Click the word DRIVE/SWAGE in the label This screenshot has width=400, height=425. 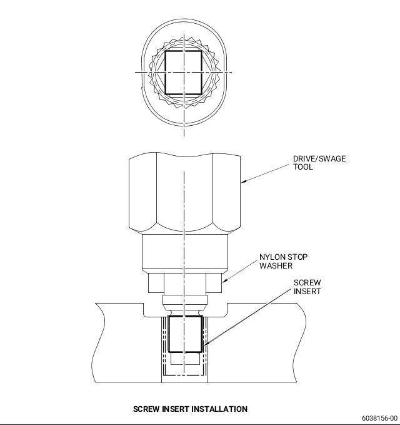(319, 158)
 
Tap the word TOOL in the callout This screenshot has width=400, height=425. (303, 167)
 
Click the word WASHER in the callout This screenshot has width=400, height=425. (276, 265)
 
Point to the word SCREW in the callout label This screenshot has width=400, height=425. (307, 283)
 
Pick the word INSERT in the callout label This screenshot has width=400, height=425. (307, 292)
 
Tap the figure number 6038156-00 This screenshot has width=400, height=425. (380, 418)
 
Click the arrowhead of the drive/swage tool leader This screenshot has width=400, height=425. (242, 182)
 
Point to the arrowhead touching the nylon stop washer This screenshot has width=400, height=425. (224, 281)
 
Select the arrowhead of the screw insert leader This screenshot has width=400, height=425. (205, 344)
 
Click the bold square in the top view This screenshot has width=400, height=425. (184, 73)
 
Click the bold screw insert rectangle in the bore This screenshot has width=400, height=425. (185, 334)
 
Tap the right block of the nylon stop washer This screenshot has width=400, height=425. (214, 283)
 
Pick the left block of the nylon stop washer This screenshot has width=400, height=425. (156, 283)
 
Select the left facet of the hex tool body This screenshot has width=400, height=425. (142, 192)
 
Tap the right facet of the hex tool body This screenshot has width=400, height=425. (226, 192)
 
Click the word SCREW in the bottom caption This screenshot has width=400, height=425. (146, 409)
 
